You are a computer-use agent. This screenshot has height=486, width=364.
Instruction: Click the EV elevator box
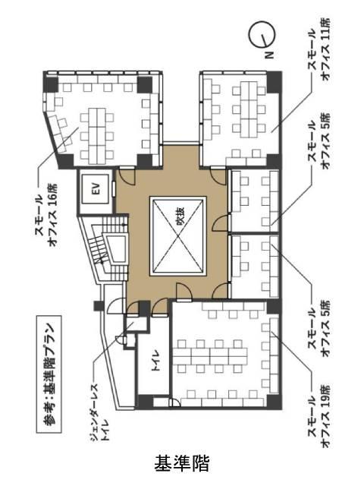point(96,189)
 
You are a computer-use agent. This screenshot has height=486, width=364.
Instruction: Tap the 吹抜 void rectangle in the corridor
point(178,236)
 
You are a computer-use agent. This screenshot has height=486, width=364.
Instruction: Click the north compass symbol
point(262,34)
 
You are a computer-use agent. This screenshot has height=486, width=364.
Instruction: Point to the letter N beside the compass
point(270,55)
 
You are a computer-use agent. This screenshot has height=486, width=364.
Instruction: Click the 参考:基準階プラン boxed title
point(49,374)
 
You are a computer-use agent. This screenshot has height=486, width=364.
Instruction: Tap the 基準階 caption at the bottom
point(182,462)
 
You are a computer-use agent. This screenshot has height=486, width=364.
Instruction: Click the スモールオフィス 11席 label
point(318,49)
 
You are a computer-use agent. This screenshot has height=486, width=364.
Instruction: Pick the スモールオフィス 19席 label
point(318,416)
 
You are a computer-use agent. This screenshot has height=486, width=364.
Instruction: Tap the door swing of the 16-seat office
point(127,177)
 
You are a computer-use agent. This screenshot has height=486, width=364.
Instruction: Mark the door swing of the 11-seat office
point(218,176)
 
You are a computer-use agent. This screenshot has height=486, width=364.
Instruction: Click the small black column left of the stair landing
point(99,306)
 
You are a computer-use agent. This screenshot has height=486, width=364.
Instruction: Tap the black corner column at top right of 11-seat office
point(273,82)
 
